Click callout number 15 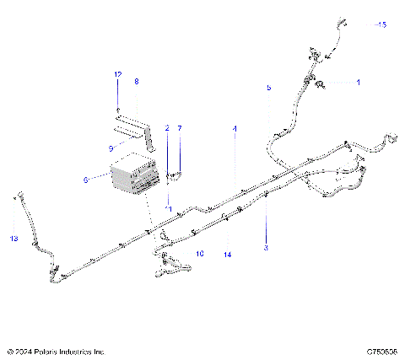click(382, 25)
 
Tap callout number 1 click(357, 83)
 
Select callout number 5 click(269, 87)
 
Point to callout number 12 click(118, 76)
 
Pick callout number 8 click(137, 82)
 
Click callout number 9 click(111, 148)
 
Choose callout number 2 click(167, 127)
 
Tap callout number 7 click(179, 127)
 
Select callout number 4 click(235, 127)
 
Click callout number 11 click(168, 207)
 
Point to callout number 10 click(200, 252)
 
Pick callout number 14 click(227, 254)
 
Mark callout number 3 click(267, 248)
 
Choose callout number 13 click(13, 239)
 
